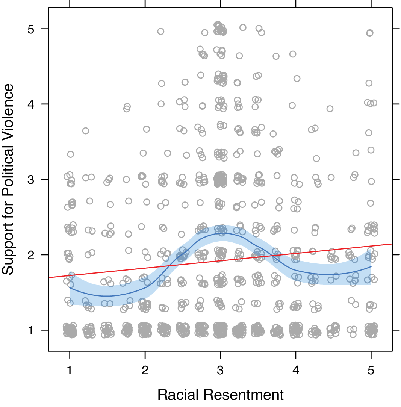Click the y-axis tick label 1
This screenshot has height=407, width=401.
tap(32, 330)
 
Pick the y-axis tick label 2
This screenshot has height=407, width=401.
tap(32, 255)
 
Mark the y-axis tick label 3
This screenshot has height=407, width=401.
tap(32, 180)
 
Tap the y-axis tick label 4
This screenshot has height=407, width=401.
tap(32, 104)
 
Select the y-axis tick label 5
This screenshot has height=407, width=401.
tap(32, 29)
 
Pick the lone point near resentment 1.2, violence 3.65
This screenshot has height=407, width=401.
tap(86, 131)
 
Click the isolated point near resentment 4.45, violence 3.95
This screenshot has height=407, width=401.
tap(330, 109)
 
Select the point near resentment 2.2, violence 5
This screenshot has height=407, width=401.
tap(161, 31)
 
